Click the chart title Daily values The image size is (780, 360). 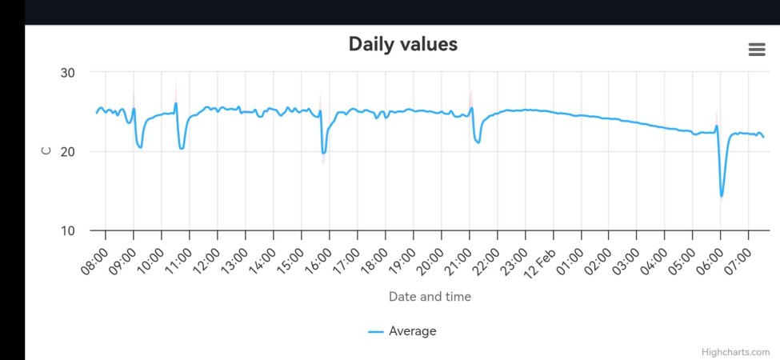(x=402, y=44)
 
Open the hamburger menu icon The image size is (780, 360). (x=756, y=50)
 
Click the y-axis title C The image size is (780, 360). (x=46, y=150)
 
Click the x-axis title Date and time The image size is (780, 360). (x=430, y=297)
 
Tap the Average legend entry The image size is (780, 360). (x=402, y=331)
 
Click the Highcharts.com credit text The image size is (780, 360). (x=735, y=352)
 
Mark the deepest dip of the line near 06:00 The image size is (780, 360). (x=722, y=196)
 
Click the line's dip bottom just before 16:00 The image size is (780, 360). (x=323, y=153)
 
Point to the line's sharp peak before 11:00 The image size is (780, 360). (x=176, y=103)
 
